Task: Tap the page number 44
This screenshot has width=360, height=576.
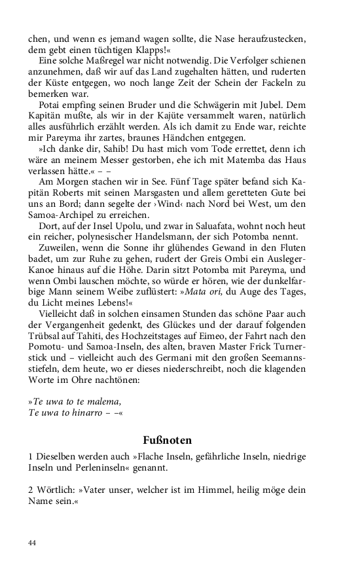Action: (33, 543)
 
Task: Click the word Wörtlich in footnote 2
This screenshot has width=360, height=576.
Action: (56, 488)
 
